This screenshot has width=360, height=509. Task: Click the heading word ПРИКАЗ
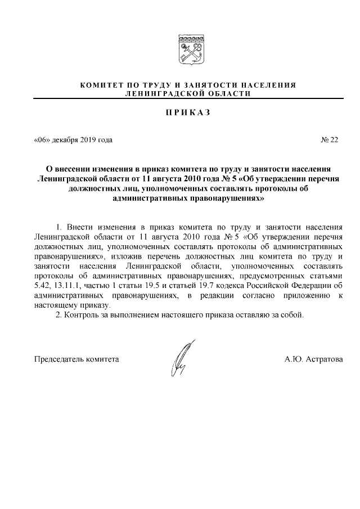tap(188, 112)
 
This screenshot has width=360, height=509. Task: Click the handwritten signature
tap(182, 358)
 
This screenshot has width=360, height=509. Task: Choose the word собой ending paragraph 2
tap(292, 314)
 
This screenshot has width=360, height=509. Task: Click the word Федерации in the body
tap(306, 285)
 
